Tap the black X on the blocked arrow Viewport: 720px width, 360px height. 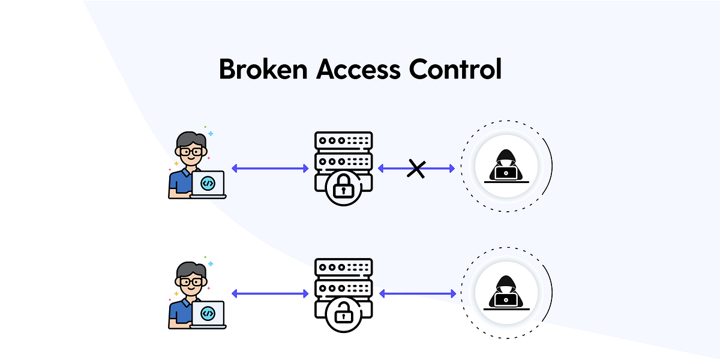pyautogui.click(x=415, y=169)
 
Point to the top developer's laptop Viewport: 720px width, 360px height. pyautogui.click(x=208, y=184)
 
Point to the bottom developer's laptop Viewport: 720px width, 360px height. pyautogui.click(x=208, y=312)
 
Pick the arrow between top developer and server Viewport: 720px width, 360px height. pyautogui.click(x=269, y=169)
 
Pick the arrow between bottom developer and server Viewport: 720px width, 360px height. pyautogui.click(x=269, y=294)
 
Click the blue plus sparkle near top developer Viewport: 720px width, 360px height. pyautogui.click(x=211, y=133)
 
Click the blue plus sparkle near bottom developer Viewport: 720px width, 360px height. pyautogui.click(x=211, y=263)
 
